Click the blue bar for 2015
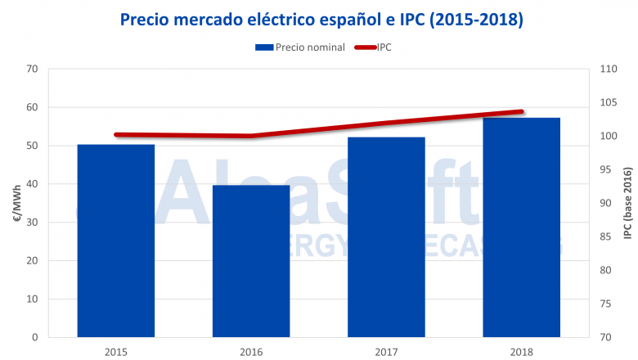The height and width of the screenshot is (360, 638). [x=115, y=241]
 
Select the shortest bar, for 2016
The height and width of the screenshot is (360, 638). [x=250, y=261]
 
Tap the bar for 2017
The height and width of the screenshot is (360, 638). [x=386, y=237]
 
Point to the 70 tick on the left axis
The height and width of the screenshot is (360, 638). [x=32, y=69]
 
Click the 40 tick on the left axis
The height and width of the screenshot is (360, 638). [x=32, y=184]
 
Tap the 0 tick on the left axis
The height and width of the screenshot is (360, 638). [x=35, y=337]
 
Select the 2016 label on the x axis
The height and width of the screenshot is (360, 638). [x=250, y=351]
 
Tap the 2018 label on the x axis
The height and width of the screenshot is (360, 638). [x=521, y=351]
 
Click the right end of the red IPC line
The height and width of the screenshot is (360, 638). [x=521, y=111]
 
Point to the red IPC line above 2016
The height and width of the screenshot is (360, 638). [x=250, y=136]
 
